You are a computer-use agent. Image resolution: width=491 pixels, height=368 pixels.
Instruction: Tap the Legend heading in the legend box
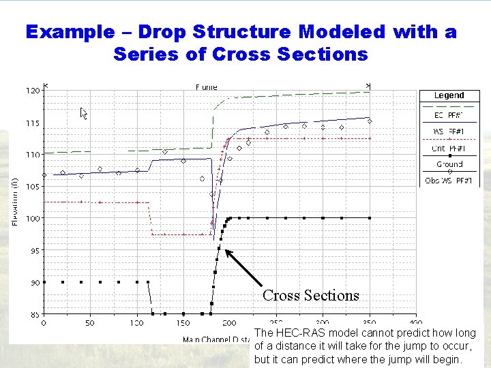coord(449,95)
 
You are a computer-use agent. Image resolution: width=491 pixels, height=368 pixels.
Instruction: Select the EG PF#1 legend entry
coord(449,115)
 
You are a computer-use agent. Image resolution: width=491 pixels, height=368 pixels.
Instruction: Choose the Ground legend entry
coord(449,164)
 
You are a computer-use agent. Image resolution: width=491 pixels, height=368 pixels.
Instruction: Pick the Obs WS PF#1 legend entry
coord(449,180)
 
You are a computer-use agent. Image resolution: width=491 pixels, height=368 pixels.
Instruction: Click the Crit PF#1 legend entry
coord(449,148)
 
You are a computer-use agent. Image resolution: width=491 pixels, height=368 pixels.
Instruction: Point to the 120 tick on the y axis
coord(32,90)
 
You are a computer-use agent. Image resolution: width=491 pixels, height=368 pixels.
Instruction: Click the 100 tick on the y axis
coord(32,218)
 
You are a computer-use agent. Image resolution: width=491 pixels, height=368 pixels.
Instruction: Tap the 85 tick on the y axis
coord(33,314)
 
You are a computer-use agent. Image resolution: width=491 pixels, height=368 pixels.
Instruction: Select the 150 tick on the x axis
coord(183,323)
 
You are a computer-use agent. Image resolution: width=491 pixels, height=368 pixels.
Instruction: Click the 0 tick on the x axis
coord(44,323)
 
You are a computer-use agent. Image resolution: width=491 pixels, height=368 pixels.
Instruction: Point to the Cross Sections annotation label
coord(310,295)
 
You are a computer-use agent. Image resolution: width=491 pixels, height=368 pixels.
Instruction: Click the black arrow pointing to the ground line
coord(244,269)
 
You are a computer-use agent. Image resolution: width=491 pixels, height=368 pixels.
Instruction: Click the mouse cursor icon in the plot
coord(84,113)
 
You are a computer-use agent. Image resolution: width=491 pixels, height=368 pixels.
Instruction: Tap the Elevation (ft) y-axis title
coord(15,202)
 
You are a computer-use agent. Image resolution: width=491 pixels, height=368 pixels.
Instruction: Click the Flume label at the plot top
coord(206,87)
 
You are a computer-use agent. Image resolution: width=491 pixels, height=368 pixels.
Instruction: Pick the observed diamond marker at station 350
coord(370,121)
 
